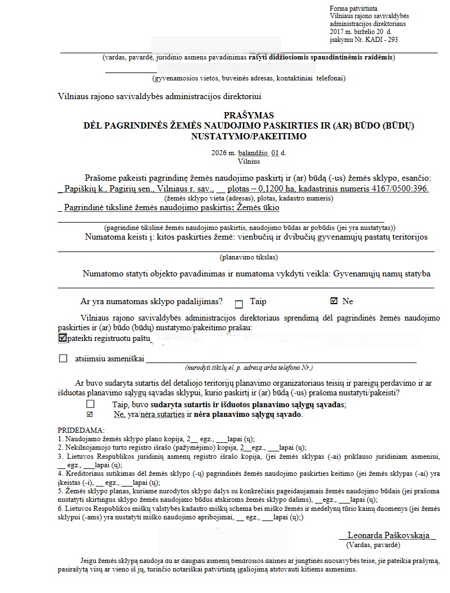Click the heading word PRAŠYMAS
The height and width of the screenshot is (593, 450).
point(249,116)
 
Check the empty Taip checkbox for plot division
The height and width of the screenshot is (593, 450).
point(239,302)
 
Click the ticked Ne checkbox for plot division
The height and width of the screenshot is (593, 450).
point(334,301)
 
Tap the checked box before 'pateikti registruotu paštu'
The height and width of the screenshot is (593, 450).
point(62,338)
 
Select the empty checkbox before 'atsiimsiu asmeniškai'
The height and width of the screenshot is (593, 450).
point(63,359)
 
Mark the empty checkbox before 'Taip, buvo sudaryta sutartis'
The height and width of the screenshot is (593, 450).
point(90,404)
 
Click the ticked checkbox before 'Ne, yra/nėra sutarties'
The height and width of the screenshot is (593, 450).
point(90,415)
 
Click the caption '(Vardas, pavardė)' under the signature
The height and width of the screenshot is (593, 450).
point(373,544)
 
